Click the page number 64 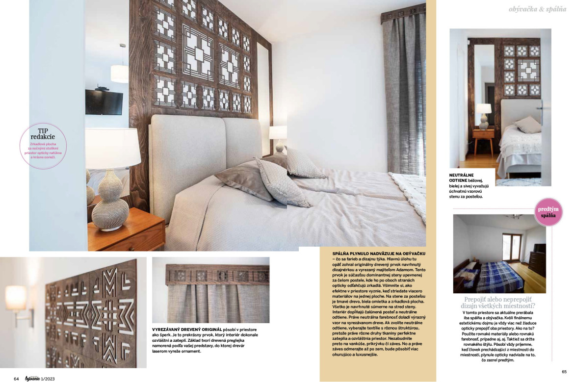click(x=16, y=378)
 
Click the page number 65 click(x=564, y=371)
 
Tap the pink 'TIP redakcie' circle click(x=43, y=146)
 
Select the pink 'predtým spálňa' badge click(x=548, y=212)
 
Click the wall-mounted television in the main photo click(x=104, y=102)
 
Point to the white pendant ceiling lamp click(x=119, y=73)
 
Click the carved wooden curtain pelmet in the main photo click(x=403, y=15)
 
